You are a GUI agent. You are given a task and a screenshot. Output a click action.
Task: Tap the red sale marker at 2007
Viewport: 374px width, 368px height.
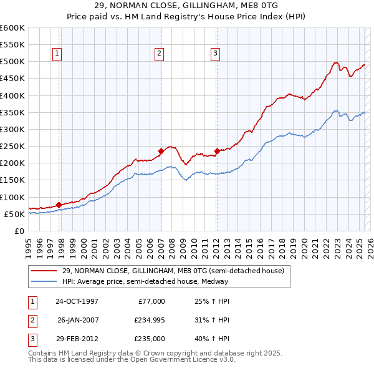coord(161,150)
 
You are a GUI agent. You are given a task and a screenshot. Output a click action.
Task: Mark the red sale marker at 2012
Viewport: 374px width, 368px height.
coord(217,150)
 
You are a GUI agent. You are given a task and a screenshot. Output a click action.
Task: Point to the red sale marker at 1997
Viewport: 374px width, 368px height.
coord(59,204)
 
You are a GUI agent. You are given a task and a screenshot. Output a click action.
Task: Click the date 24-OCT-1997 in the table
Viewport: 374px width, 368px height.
coord(77,301)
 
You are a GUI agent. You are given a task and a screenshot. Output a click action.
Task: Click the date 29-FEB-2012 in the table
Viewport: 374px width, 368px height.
coord(77,339)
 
